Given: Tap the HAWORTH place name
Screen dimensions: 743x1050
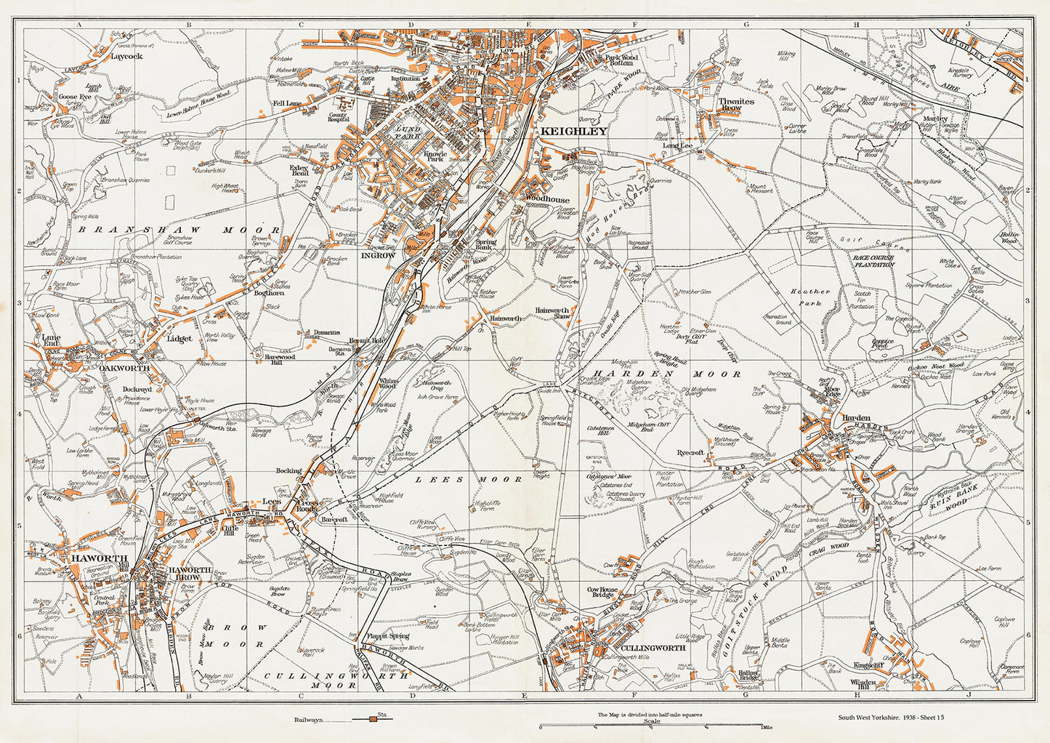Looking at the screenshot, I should pyautogui.click(x=90, y=558).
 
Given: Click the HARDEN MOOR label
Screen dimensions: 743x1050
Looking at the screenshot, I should pyautogui.click(x=663, y=374).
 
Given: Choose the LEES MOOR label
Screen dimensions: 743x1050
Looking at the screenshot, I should pyautogui.click(x=469, y=480).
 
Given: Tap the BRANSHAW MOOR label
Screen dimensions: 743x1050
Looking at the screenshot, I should pyautogui.click(x=178, y=230).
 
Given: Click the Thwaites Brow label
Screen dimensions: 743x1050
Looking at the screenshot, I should pyautogui.click(x=735, y=105).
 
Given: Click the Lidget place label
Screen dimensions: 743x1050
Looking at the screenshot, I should pyautogui.click(x=179, y=339).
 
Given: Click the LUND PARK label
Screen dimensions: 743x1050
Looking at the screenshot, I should pyautogui.click(x=409, y=132).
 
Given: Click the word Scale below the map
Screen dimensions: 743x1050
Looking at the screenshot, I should pyautogui.click(x=653, y=721).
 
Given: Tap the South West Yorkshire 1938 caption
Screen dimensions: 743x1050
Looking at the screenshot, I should pyautogui.click(x=891, y=718).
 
